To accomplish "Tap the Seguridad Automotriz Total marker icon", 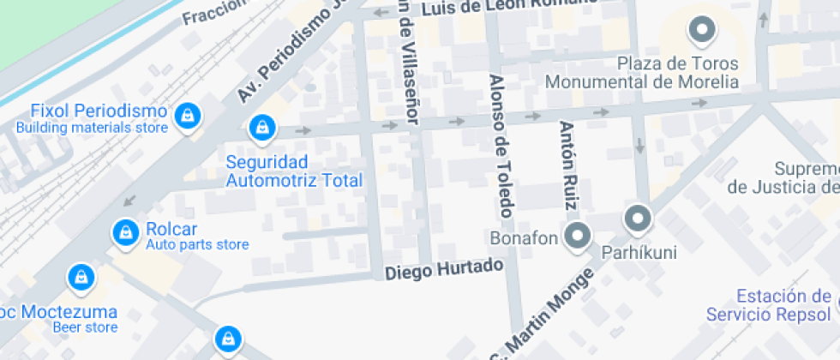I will pos(261,129).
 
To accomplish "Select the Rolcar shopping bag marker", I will pos(126,231).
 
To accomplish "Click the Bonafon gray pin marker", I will pos(579,236).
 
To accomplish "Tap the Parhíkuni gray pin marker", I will pos(638,219).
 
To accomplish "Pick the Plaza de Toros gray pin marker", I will pos(702,31).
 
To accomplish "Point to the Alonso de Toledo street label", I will pos(500,146).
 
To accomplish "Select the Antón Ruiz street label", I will pos(568,165).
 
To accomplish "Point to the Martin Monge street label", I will pos(543,317).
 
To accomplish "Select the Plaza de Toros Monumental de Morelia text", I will pos(642,73).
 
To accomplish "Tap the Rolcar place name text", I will pos(171,229).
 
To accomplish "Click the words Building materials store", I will pos(92,128).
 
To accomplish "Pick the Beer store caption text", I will pos(85,327).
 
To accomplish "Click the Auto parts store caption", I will pos(197,245).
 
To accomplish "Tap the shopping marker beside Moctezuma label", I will pos(81,277).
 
